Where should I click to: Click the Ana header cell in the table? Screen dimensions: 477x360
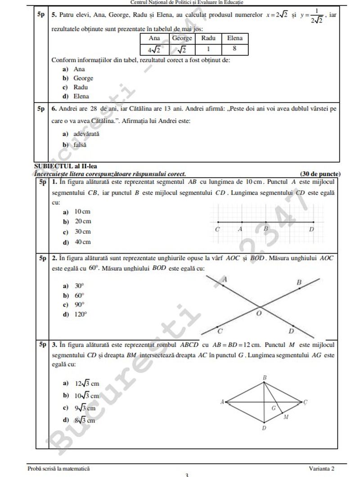154,38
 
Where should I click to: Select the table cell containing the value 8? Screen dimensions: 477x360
235,49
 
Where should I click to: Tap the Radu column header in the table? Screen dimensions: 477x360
208,38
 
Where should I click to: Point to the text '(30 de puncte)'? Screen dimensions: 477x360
320,174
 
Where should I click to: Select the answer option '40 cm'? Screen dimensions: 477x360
82,242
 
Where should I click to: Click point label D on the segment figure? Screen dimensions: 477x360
311,229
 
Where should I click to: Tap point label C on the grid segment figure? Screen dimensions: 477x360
218,229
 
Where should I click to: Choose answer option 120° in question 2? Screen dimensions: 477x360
81,315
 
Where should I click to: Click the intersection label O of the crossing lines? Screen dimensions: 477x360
258,313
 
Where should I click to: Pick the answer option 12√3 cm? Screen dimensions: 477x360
87,383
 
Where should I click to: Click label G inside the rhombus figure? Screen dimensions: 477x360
273,408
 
